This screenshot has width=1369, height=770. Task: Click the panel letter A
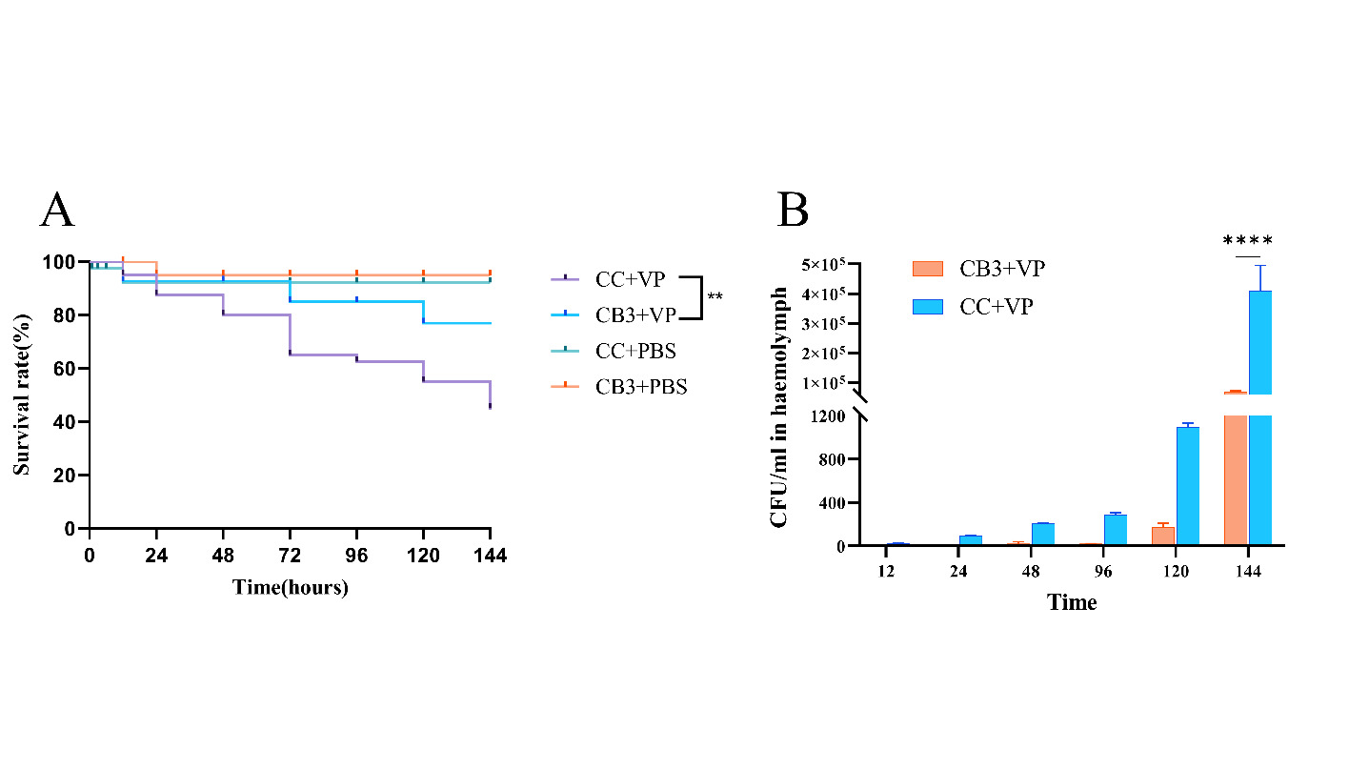click(57, 211)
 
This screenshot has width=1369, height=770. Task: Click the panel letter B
click(793, 211)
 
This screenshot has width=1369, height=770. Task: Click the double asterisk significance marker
click(715, 297)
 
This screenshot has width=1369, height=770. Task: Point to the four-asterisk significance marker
click(1247, 241)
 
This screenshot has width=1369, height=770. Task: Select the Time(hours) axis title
click(291, 587)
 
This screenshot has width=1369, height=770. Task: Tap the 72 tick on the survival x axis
click(290, 555)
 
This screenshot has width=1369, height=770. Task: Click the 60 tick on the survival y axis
click(69, 369)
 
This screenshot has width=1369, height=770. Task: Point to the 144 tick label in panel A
click(490, 555)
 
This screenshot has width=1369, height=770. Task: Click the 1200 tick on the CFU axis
click(830, 415)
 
